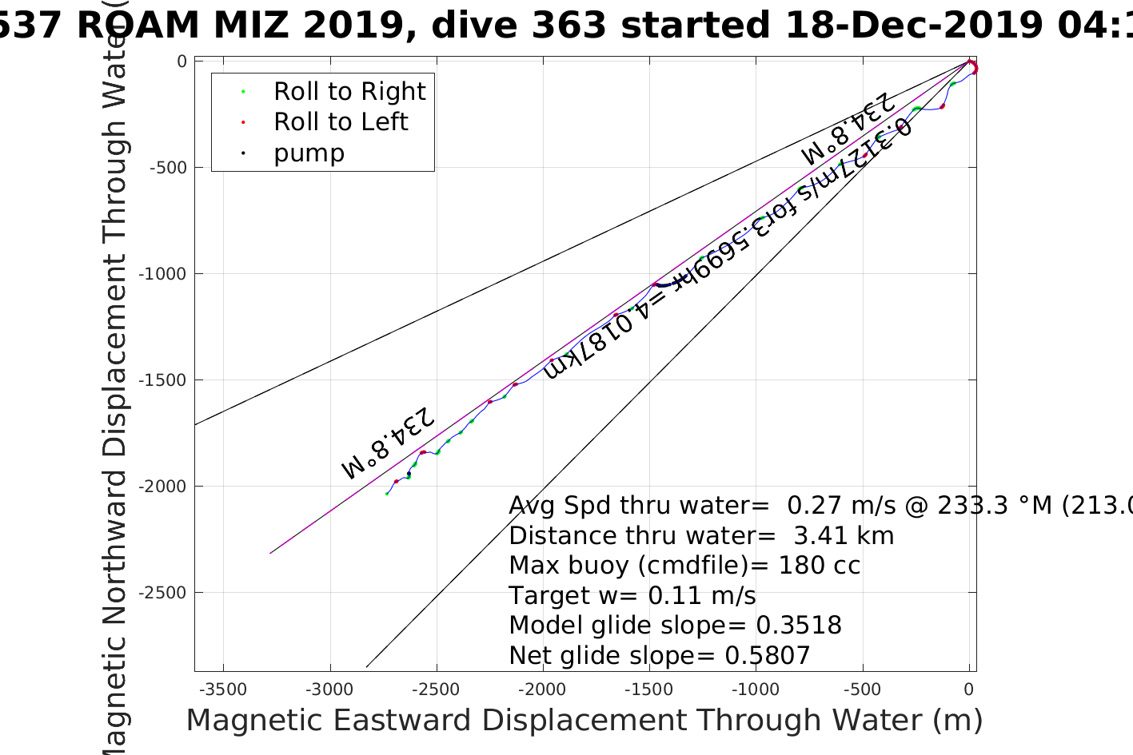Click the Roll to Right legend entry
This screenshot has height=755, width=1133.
pos(349,92)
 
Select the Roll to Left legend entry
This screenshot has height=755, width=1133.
pos(341,122)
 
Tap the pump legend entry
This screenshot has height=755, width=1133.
pos(309,153)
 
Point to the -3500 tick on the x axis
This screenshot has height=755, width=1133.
pos(223,689)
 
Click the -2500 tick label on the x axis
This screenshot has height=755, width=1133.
pos(437,689)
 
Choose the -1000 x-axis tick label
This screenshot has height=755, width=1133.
pos(756,689)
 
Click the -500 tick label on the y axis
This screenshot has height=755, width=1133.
pos(168,168)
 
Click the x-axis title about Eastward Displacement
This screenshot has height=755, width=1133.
pos(584,721)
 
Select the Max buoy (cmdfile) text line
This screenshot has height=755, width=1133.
pos(684,566)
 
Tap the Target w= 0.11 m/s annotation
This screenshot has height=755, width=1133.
pos(632,596)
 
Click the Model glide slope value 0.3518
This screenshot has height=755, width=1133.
pos(799,626)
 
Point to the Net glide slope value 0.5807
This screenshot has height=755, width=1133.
pos(767,656)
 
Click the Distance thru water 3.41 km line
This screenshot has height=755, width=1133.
pos(701,536)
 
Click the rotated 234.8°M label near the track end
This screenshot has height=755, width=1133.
pos(388,443)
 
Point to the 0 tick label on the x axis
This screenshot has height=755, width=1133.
pos(969,689)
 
